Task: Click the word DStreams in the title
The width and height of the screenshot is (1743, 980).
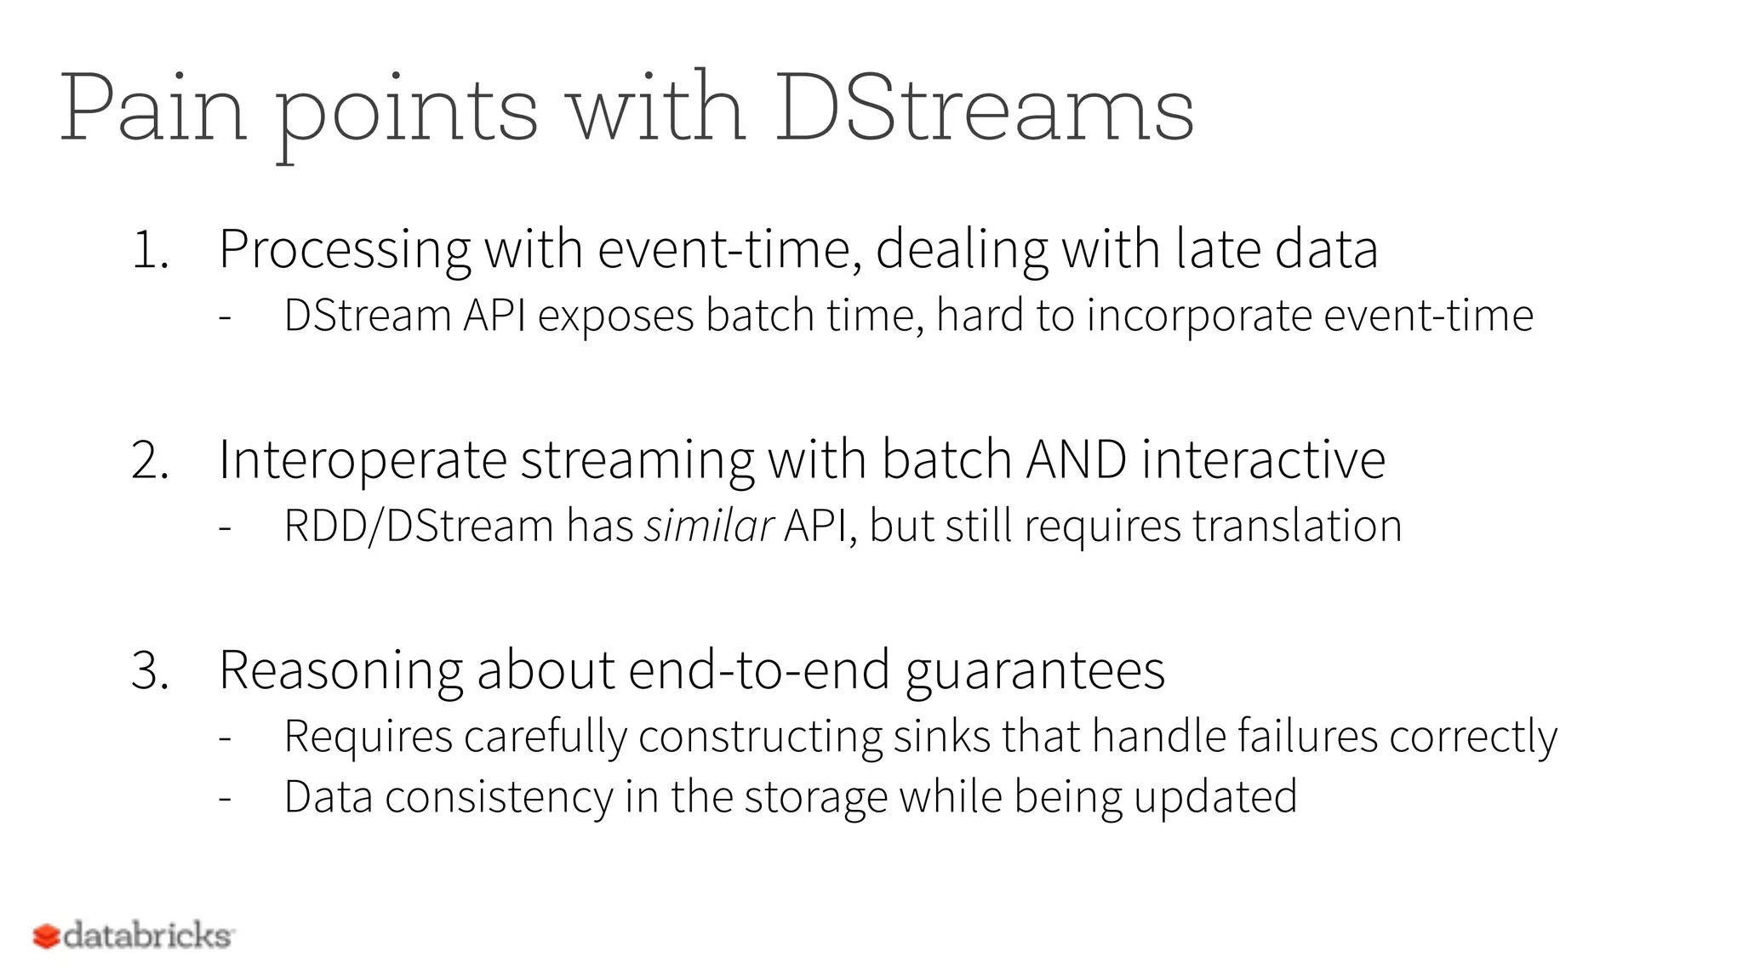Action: tap(984, 109)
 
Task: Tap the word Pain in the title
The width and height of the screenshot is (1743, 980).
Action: tap(153, 109)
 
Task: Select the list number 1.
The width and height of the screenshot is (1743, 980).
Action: tap(150, 251)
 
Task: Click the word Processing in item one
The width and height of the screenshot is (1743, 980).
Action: tap(345, 249)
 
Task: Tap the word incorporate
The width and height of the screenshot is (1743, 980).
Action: tap(1199, 316)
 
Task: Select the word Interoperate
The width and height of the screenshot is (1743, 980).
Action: tap(363, 460)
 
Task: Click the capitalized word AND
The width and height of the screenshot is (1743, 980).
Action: tap(1077, 460)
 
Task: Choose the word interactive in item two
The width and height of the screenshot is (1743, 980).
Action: tap(1263, 460)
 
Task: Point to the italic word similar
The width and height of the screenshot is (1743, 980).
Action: tap(708, 526)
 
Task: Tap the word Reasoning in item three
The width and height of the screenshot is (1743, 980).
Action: tap(340, 671)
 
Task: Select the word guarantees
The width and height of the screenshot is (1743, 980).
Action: tap(1035, 671)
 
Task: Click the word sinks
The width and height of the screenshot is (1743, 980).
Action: tap(941, 737)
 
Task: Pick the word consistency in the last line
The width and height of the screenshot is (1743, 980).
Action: tap(499, 798)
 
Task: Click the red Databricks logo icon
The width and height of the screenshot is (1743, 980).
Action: tap(46, 937)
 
